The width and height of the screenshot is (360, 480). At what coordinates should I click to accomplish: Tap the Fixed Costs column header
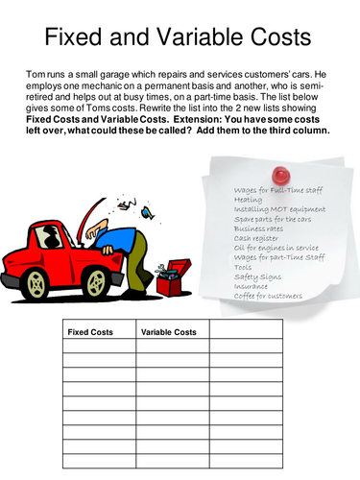[x=90, y=332]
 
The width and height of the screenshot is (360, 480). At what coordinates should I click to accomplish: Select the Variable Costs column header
[x=169, y=332]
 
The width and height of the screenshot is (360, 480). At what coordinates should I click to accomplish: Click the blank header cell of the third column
[x=246, y=332]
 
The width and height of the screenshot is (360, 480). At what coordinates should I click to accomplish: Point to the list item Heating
[x=249, y=200]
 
